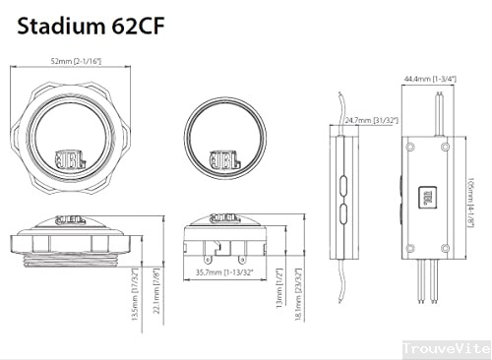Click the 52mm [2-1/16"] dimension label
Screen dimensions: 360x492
79,62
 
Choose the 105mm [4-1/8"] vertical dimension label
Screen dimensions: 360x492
471,191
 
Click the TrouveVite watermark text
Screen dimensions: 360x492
446,348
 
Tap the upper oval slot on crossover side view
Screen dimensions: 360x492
342,182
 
